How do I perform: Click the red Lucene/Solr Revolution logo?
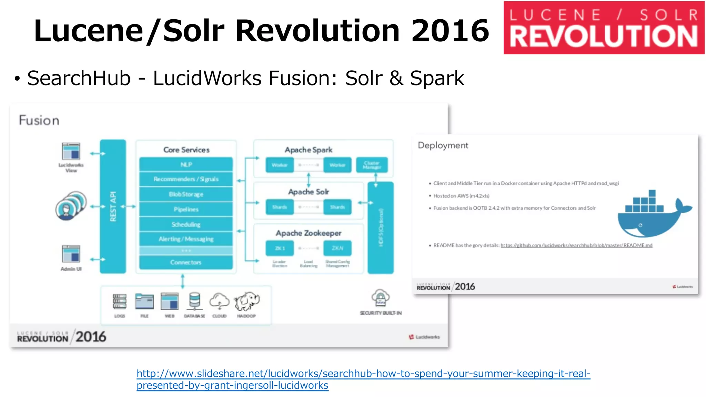(x=604, y=28)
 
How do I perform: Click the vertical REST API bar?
(x=113, y=206)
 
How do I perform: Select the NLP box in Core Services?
(x=186, y=164)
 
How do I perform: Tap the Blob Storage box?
(x=186, y=194)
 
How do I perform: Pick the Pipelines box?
(x=186, y=209)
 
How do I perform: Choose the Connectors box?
(x=186, y=262)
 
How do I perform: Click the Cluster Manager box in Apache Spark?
(x=372, y=165)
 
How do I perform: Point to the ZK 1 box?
(x=280, y=248)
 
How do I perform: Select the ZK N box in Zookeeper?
(x=337, y=248)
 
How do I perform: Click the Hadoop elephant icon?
(x=247, y=301)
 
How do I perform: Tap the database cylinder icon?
(x=194, y=301)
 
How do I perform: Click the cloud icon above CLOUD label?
(x=219, y=301)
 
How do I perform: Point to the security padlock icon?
(x=380, y=298)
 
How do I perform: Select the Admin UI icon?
(x=71, y=254)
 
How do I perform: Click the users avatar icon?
(x=71, y=206)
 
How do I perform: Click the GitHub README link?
(x=576, y=245)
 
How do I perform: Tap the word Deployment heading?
(x=443, y=145)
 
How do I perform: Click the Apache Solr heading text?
(x=309, y=192)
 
